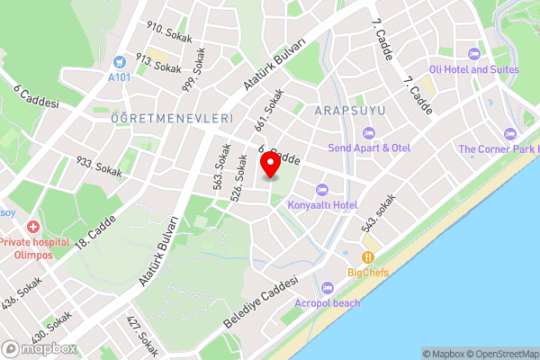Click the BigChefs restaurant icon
[x=367, y=256]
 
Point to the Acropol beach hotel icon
[x=327, y=288]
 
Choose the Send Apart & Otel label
[x=370, y=148]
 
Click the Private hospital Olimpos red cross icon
[x=33, y=228]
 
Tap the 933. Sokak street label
[x=99, y=166]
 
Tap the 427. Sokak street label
[x=142, y=337]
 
